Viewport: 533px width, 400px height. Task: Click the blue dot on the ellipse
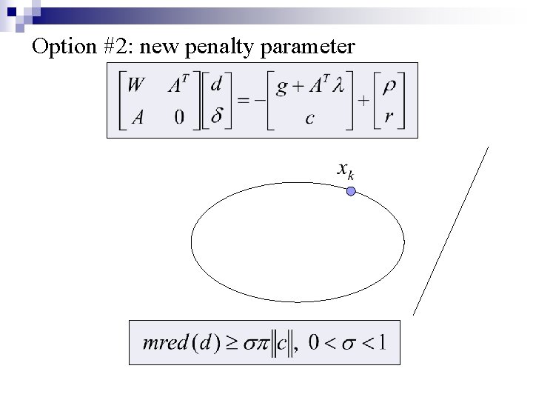click(351, 191)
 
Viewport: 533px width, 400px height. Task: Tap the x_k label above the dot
click(346, 172)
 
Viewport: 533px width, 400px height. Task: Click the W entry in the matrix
click(135, 86)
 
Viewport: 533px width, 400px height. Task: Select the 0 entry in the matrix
click(180, 117)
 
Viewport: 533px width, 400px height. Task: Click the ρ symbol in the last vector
click(390, 86)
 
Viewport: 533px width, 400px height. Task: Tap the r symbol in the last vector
click(390, 117)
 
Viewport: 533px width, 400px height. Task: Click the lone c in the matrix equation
click(312, 117)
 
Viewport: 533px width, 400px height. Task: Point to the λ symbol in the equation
click(338, 86)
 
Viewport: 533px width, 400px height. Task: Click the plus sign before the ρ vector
click(365, 101)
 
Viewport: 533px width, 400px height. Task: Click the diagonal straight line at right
click(451, 230)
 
